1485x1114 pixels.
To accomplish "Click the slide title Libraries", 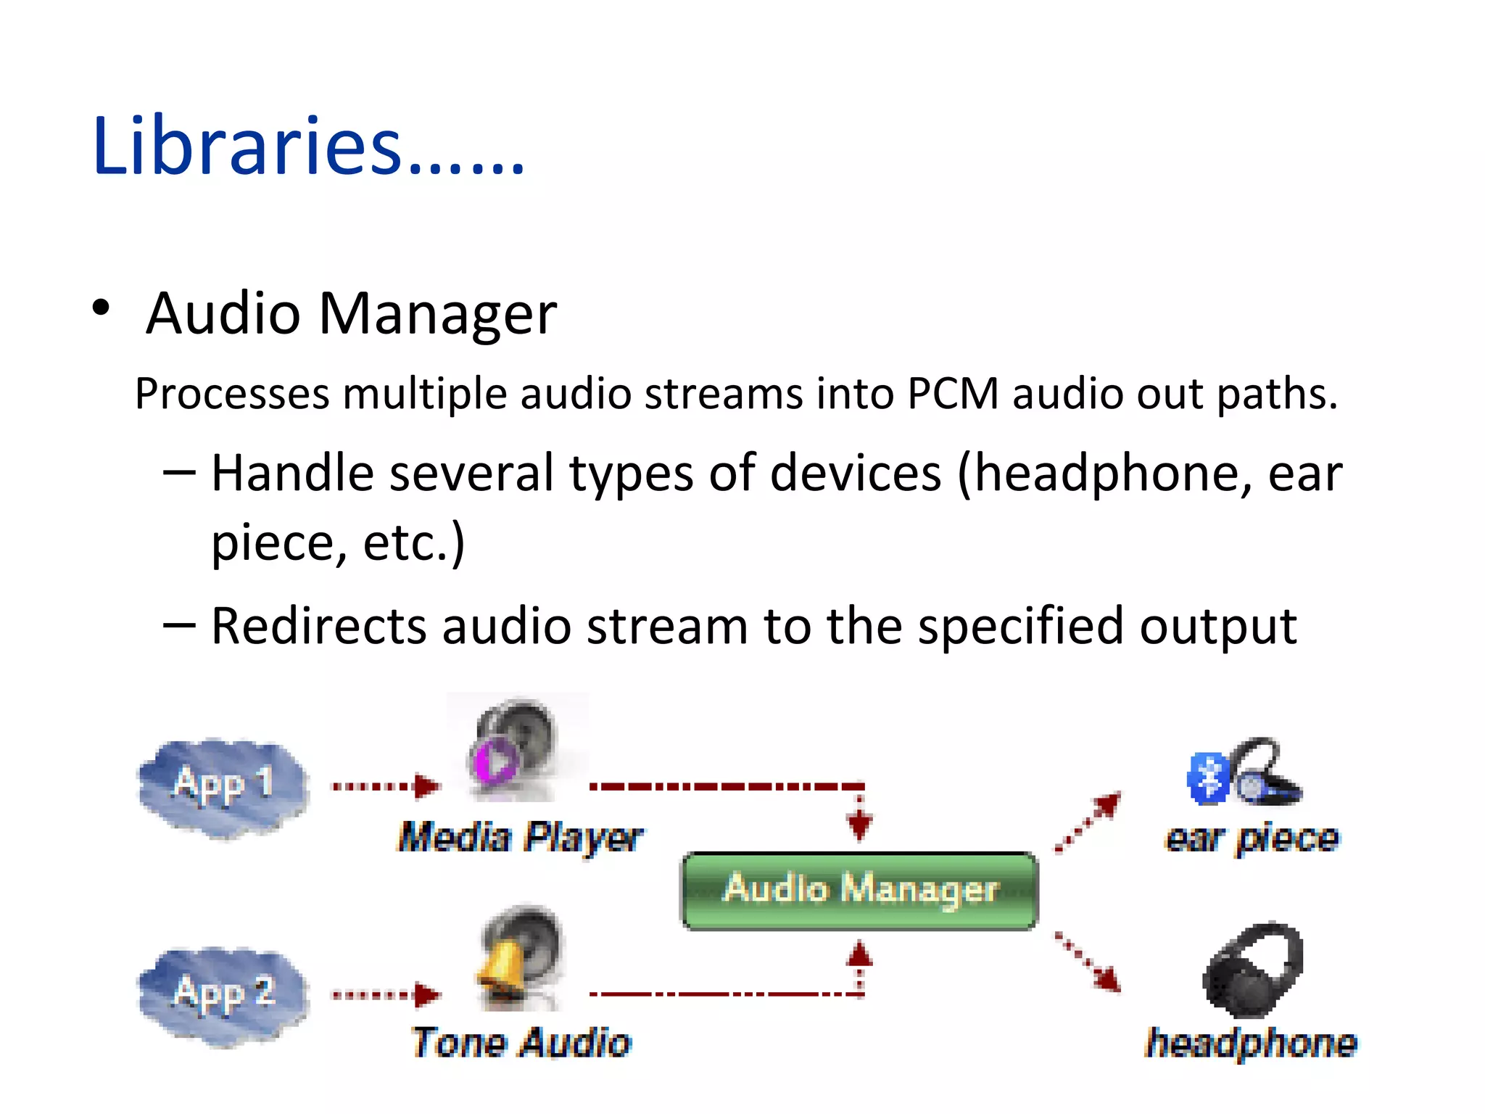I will point(308,147).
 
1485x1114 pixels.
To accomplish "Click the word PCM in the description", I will point(952,395).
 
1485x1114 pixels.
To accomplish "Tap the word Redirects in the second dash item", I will point(318,627).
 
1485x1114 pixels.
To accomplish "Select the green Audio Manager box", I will point(860,891).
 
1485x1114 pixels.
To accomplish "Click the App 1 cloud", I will point(223,787).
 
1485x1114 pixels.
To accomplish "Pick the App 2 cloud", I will point(223,995).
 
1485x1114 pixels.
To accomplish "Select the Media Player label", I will point(520,838).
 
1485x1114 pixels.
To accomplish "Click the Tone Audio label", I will point(521,1043).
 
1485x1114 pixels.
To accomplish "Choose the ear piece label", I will point(1252,839).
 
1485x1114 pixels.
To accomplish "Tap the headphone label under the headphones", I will point(1251,1044).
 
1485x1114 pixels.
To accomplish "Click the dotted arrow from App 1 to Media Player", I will point(385,786).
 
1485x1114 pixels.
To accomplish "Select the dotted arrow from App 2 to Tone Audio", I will point(385,994).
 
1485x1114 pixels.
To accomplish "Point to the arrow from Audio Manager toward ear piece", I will point(1088,822).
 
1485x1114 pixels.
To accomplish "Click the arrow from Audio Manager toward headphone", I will point(1088,961).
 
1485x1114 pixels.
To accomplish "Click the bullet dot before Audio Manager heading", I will point(101,308).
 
